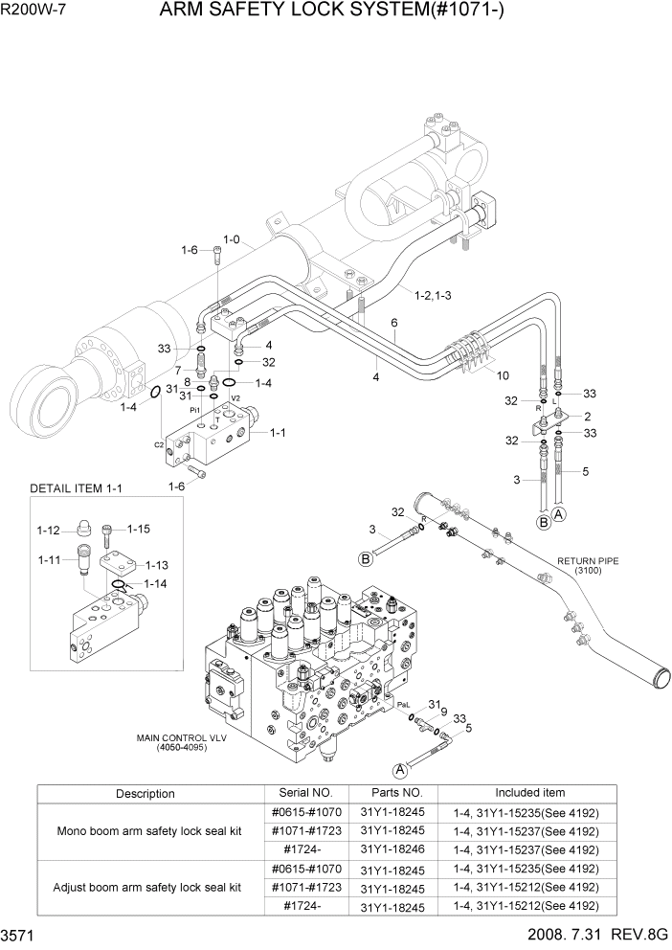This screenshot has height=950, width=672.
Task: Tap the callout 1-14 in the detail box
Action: [154, 583]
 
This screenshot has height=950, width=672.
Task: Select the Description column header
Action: [146, 794]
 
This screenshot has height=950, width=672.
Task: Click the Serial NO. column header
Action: [303, 793]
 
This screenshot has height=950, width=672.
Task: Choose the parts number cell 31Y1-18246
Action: [391, 849]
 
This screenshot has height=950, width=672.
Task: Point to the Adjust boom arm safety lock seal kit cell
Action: [149, 888]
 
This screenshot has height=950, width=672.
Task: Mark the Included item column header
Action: [529, 793]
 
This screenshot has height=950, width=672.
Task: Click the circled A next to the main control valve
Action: [401, 768]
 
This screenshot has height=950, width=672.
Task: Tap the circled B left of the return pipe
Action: [365, 558]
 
